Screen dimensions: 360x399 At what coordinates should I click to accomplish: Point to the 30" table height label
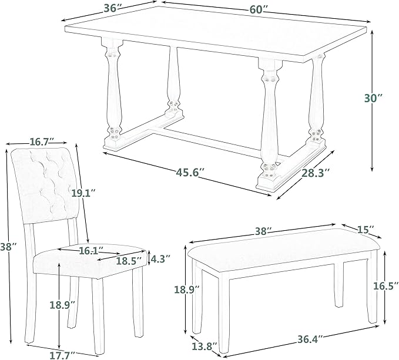point(373,98)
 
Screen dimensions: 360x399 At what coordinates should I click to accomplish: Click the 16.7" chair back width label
point(42,141)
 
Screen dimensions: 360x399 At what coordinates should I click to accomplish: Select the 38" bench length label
point(263,231)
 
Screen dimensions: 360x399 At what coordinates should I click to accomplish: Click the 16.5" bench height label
point(383,286)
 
